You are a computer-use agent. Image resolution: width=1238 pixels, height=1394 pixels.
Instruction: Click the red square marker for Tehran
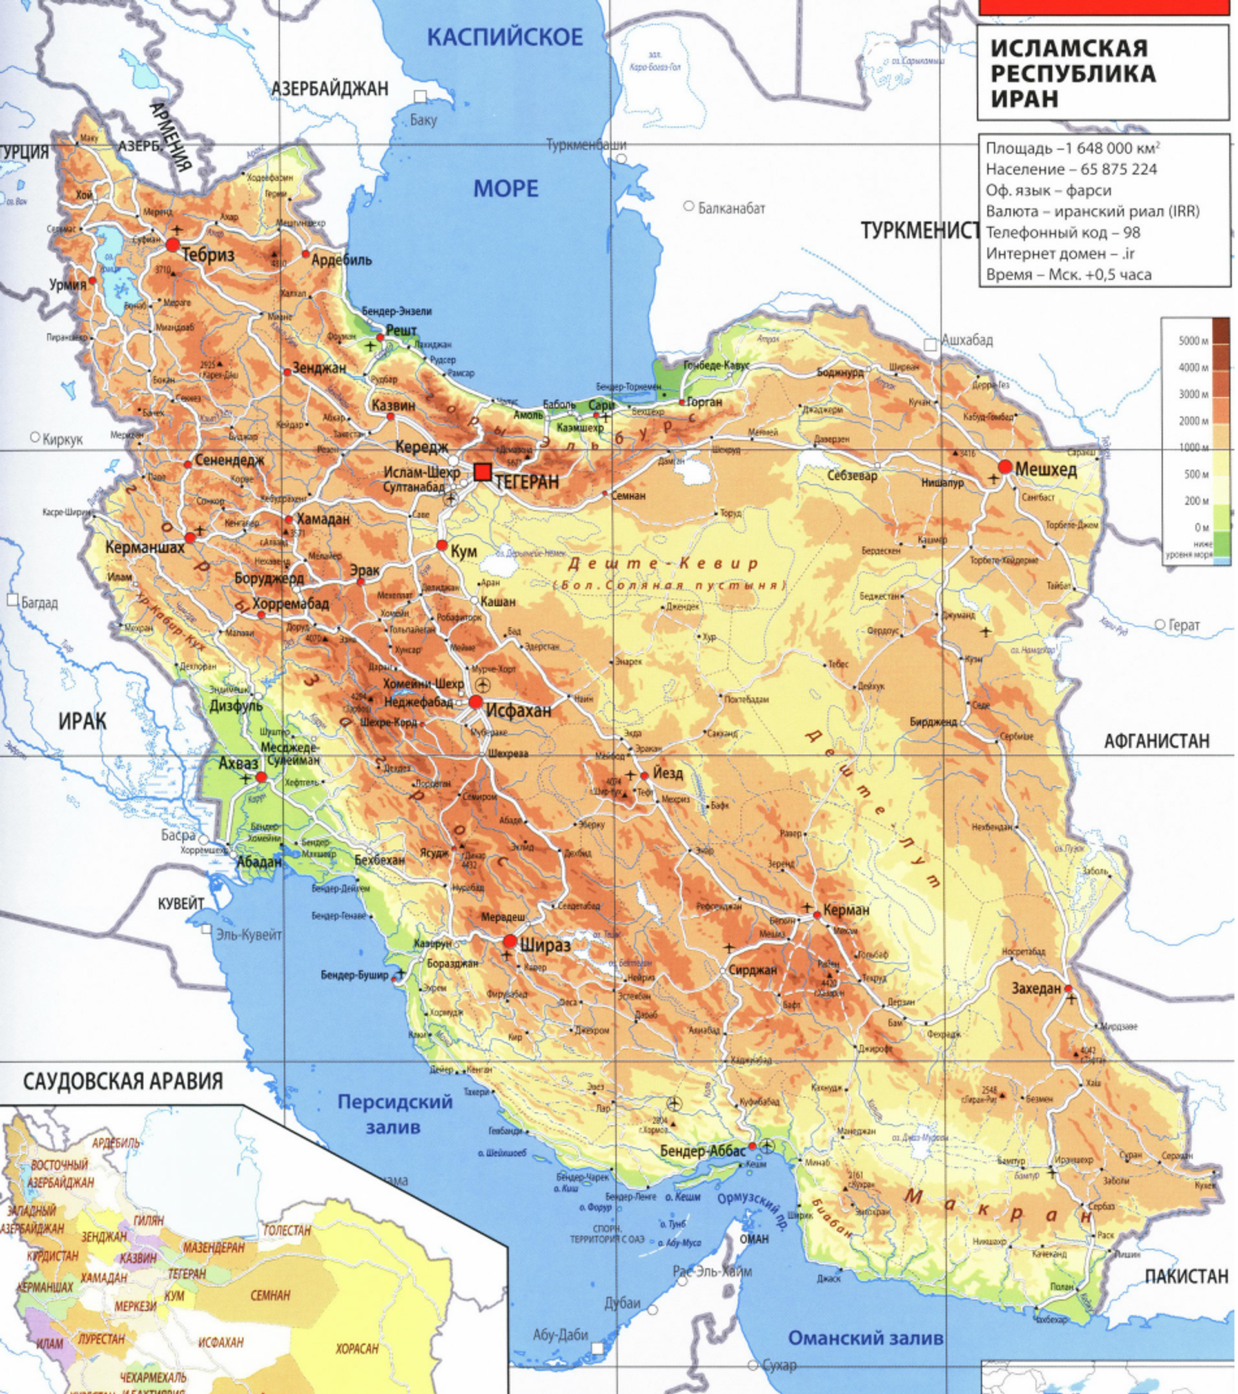point(483,472)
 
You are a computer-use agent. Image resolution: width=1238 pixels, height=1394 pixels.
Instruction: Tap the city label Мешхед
point(1046,469)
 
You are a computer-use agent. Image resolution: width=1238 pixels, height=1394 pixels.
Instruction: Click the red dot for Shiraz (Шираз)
point(509,942)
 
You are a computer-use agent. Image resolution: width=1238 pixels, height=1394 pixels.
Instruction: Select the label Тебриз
point(208,255)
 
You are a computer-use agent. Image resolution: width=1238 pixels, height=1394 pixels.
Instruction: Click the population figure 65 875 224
point(1119,169)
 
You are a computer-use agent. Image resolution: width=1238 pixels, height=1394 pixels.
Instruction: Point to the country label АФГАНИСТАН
point(1157,741)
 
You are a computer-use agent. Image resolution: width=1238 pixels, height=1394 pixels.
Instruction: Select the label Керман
point(846,910)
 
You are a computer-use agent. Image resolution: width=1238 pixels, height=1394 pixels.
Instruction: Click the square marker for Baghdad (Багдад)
point(12,600)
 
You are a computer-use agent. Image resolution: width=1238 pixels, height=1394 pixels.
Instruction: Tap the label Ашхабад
point(967,340)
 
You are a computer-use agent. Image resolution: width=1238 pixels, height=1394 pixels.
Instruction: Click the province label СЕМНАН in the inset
point(270,1295)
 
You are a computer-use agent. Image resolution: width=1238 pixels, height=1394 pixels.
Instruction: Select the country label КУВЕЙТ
point(181,903)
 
